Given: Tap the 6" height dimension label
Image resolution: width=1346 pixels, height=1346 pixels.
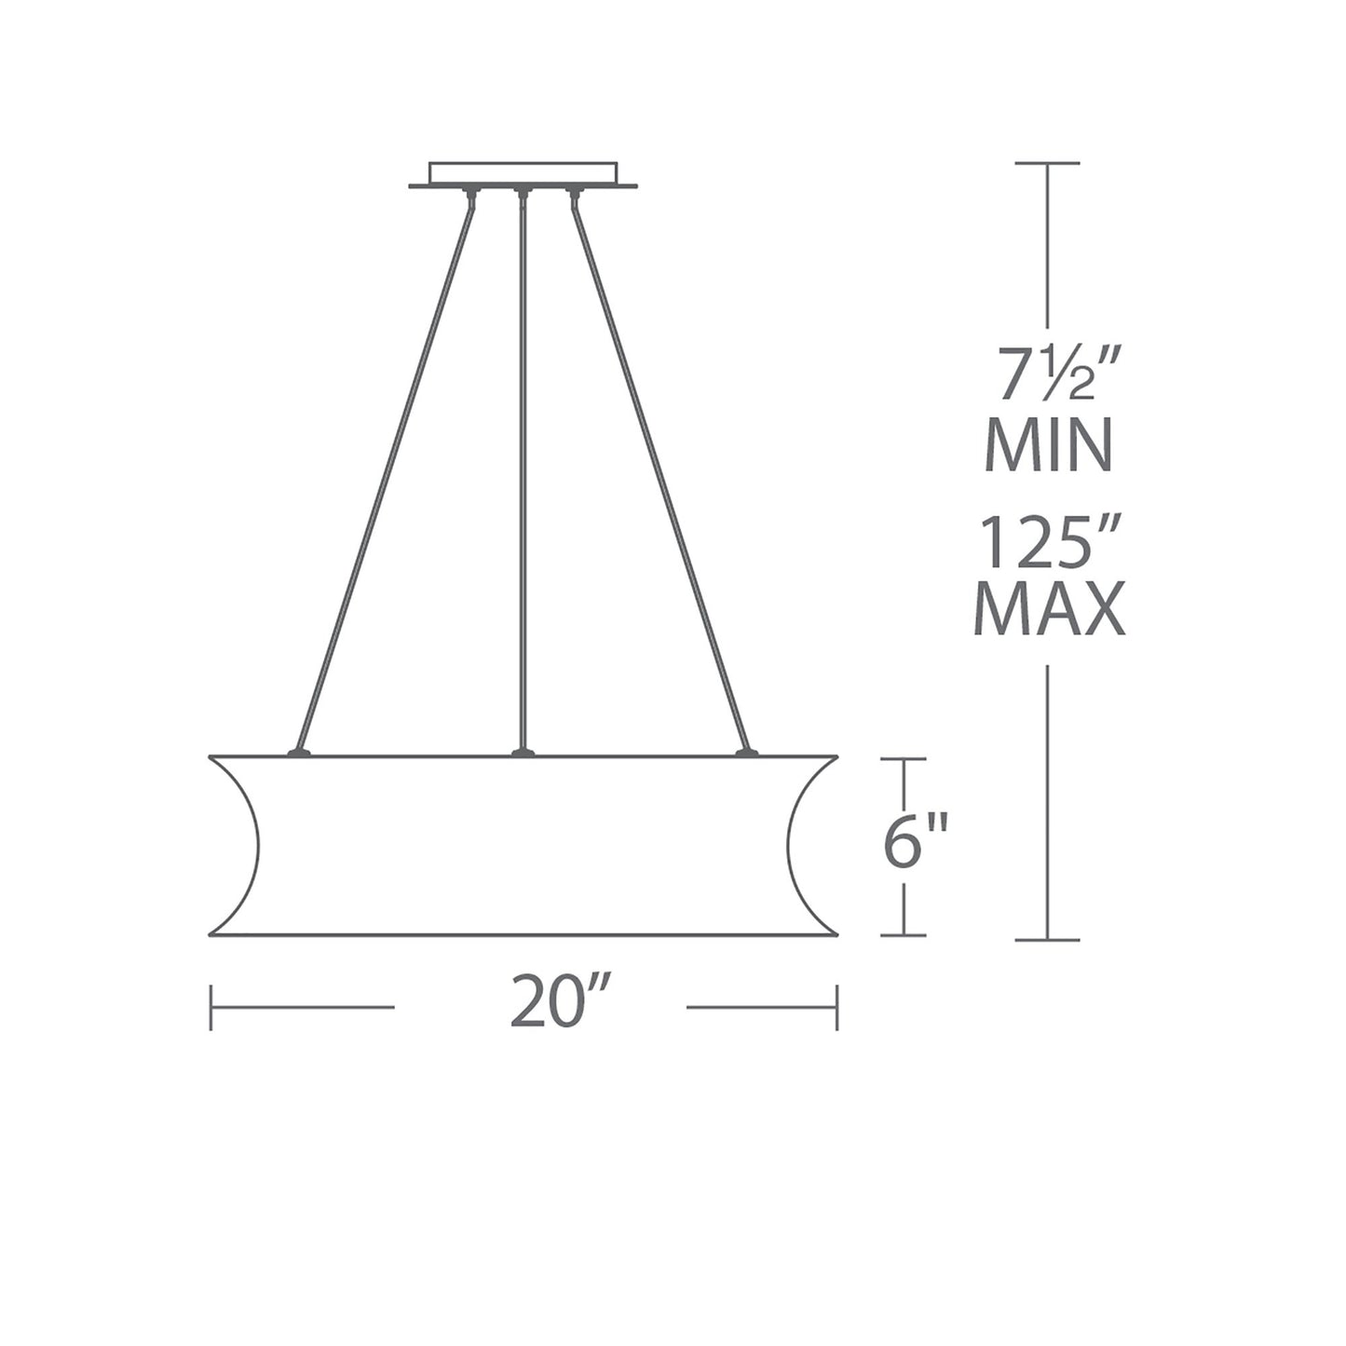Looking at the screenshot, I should click(915, 841).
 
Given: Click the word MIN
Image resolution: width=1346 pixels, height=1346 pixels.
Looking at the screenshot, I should click(1048, 444).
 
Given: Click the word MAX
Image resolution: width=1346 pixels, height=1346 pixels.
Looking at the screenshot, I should click(1049, 610).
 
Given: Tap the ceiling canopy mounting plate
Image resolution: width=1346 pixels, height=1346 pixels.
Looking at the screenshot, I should click(523, 175).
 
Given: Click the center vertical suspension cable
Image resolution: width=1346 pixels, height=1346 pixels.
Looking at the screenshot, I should click(523, 466).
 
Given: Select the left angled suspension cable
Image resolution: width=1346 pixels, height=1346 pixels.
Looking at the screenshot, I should click(387, 466).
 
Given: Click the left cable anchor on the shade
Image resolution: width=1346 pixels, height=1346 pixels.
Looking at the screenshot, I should click(298, 751).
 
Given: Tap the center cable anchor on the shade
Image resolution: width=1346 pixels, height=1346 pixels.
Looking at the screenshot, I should click(523, 751).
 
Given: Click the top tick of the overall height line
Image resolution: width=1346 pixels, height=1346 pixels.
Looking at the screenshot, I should click(1047, 164).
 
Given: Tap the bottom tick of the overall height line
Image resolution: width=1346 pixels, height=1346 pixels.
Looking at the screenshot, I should click(1047, 940).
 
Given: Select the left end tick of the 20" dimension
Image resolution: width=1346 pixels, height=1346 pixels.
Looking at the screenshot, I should click(211, 1007).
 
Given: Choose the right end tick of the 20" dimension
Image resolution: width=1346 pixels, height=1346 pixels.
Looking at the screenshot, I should click(837, 1007).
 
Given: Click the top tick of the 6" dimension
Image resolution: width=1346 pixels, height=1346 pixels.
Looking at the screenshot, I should click(903, 759).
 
